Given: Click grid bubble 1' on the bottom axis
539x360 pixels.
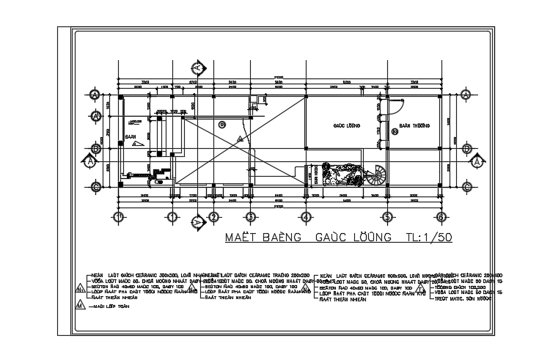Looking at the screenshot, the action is click(x=118, y=217).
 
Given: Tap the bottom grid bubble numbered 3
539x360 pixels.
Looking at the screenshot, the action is click(x=249, y=217).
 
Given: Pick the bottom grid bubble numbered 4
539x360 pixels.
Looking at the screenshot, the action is click(x=304, y=217).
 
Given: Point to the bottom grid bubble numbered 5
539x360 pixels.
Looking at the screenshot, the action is click(x=387, y=217).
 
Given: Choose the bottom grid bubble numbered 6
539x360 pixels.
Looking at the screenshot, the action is click(x=441, y=217).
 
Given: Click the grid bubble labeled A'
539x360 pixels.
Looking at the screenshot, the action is click(x=95, y=116).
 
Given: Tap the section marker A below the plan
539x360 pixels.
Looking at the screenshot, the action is click(x=197, y=221).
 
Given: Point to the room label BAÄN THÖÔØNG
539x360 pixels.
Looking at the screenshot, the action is click(x=414, y=125).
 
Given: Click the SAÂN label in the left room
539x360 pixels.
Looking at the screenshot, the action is click(x=131, y=136).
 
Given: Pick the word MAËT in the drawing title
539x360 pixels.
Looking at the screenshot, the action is click(x=241, y=239).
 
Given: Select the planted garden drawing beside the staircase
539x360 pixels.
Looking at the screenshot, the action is click(x=342, y=176).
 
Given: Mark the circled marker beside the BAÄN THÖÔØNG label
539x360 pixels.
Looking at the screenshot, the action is click(x=394, y=132).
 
